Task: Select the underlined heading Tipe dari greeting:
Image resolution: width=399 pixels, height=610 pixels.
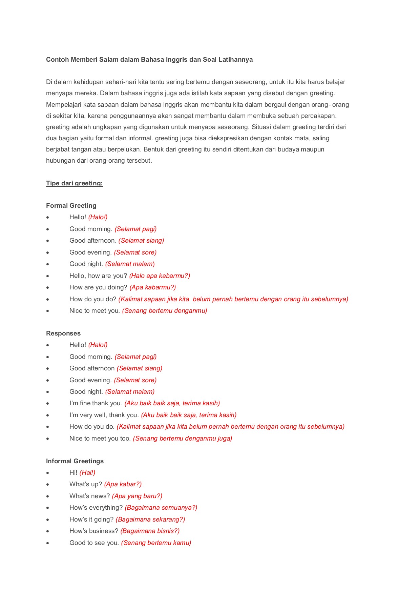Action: pyautogui.click(x=74, y=183)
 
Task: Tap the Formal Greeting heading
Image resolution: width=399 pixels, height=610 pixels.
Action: pyautogui.click(x=71, y=206)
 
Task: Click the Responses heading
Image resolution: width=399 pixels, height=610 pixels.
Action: pyautogui.click(x=63, y=333)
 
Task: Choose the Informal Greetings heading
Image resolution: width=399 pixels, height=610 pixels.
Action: pyautogui.click(x=75, y=461)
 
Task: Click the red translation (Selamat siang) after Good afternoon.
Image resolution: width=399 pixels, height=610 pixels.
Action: pyautogui.click(x=141, y=241)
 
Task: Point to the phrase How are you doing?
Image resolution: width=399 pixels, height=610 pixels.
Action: pyautogui.click(x=98, y=287)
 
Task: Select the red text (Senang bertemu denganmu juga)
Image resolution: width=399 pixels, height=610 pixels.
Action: pyautogui.click(x=183, y=439)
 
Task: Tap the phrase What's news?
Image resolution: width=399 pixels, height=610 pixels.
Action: pyautogui.click(x=89, y=496)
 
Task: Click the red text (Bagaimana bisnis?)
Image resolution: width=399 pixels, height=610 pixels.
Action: pyautogui.click(x=150, y=531)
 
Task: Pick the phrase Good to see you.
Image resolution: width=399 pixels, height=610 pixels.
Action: pyautogui.click(x=94, y=543)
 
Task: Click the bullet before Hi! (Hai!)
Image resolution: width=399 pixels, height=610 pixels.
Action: pyautogui.click(x=48, y=473)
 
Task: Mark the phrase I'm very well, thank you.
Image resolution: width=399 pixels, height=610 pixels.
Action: pyautogui.click(x=104, y=415)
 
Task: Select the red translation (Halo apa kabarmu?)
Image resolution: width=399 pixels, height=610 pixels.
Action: pyautogui.click(x=160, y=276)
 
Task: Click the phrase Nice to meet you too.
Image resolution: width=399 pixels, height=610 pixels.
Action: pyautogui.click(x=100, y=439)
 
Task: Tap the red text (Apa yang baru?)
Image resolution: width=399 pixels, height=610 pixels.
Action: pyautogui.click(x=137, y=496)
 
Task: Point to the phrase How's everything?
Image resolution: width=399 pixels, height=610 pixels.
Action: pyautogui.click(x=96, y=508)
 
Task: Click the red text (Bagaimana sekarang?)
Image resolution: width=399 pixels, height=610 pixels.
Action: pyautogui.click(x=150, y=520)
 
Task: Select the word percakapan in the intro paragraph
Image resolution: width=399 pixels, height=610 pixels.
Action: pyautogui.click(x=319, y=116)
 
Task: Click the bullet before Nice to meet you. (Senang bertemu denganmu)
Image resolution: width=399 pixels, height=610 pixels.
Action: pyautogui.click(x=48, y=311)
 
